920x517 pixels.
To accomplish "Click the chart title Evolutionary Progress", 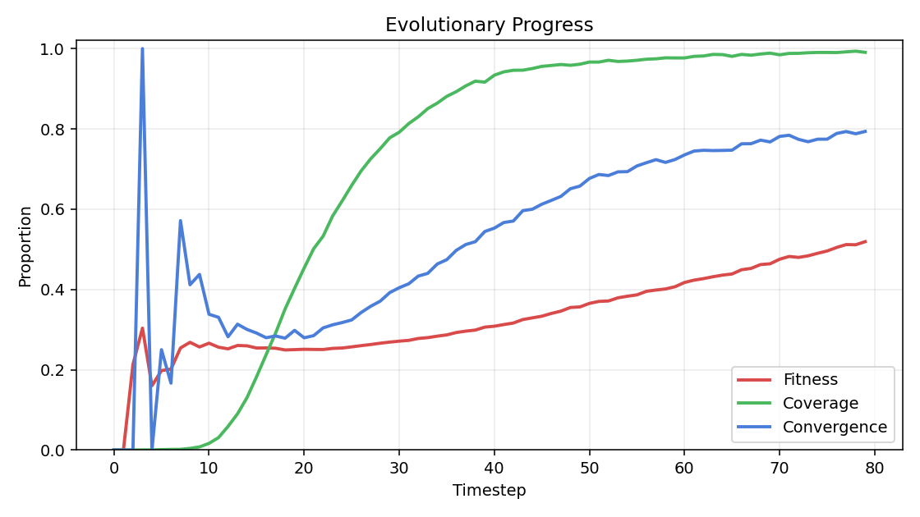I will [x=489, y=25].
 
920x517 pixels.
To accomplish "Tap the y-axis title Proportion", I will [x=25, y=246].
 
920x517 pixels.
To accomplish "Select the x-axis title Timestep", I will [x=489, y=491].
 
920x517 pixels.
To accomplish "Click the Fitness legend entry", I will [x=810, y=380].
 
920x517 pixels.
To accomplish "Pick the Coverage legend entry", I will [x=821, y=404].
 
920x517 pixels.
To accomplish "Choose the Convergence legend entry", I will [x=835, y=428].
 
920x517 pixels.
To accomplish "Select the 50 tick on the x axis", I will [x=589, y=467].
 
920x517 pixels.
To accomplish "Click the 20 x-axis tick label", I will [x=304, y=467].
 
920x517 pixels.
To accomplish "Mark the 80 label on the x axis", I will [x=875, y=467].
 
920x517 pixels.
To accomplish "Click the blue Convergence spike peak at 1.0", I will [x=142, y=48].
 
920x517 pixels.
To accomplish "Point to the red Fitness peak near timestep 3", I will [x=142, y=328].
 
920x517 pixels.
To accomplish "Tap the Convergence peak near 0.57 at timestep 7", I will [x=180, y=221].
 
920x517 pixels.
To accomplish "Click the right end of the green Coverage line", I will [x=865, y=53].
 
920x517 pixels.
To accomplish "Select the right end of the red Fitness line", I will [x=865, y=241].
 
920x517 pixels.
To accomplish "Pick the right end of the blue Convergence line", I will [x=865, y=131].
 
